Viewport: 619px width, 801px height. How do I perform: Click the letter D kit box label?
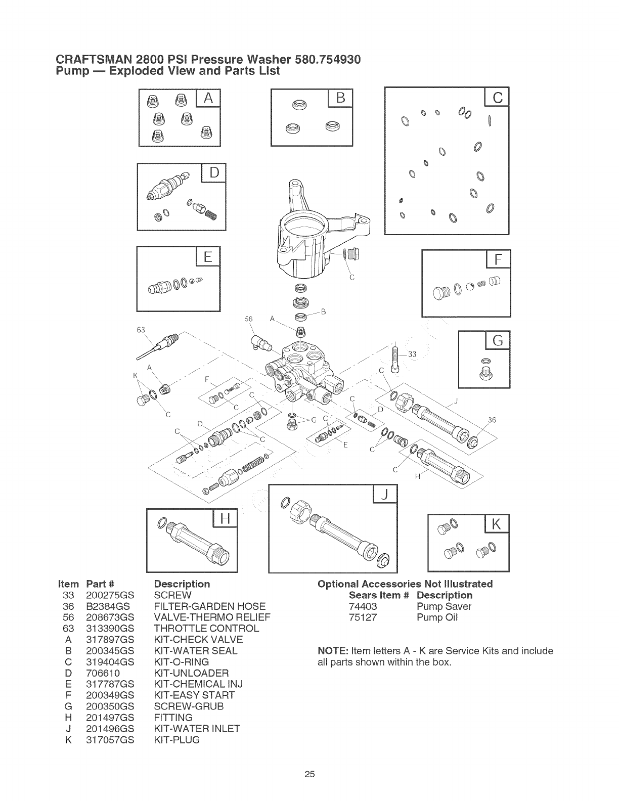coord(214,173)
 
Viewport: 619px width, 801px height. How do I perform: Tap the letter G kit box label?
coord(498,340)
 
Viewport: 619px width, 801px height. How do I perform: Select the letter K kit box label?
coord(497,525)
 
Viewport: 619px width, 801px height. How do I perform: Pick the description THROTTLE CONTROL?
coord(206,629)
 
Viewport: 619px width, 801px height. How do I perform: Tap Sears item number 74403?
coord(363,606)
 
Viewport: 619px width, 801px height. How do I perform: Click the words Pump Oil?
coord(437,617)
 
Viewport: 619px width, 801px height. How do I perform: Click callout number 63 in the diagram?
coord(141,330)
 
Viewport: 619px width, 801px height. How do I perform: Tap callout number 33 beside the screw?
coord(412,354)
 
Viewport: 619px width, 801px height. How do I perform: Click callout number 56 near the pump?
coord(248,319)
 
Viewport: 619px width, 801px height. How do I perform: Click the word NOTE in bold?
coord(332,650)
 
